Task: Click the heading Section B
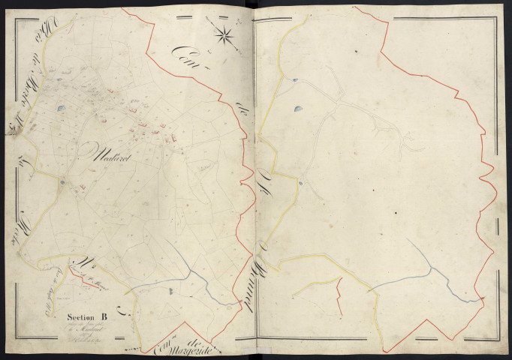click(85, 316)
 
